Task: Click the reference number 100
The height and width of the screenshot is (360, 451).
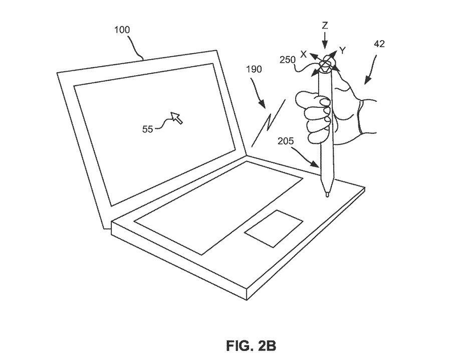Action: pos(122,30)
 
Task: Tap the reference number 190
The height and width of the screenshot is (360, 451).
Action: pos(254,70)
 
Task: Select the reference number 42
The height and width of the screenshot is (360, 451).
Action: pos(379,44)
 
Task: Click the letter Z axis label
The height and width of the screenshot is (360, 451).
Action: pos(325,25)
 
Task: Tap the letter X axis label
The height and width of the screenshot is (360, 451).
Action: pos(304,53)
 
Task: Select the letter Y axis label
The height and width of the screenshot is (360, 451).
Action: pos(342,50)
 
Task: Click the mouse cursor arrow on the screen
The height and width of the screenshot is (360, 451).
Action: pos(176,118)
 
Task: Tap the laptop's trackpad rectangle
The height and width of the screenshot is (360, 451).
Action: pos(274,228)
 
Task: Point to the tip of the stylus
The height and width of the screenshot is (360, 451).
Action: pos(327,195)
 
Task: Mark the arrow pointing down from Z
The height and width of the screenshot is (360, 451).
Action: pos(325,40)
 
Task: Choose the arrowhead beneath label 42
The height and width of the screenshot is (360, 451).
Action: pos(364,81)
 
